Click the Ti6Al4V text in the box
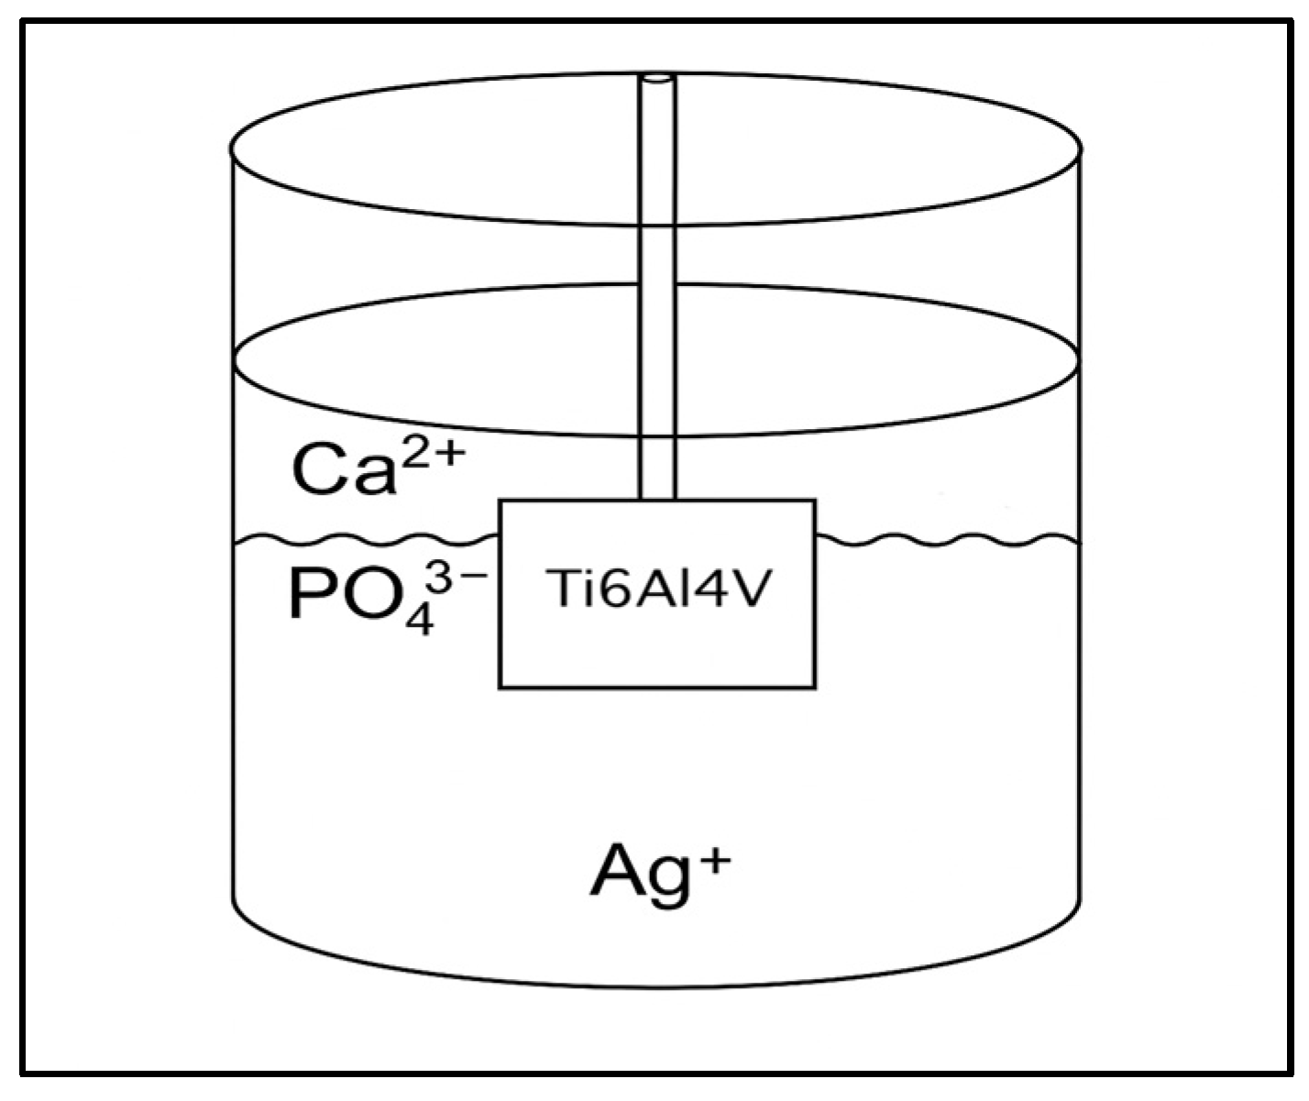point(655,593)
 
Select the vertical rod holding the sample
point(656,275)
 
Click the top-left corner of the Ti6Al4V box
point(500,501)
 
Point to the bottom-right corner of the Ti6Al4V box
point(814,687)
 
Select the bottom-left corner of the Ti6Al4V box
point(500,687)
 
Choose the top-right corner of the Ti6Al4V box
point(814,501)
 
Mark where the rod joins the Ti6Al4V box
point(656,500)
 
